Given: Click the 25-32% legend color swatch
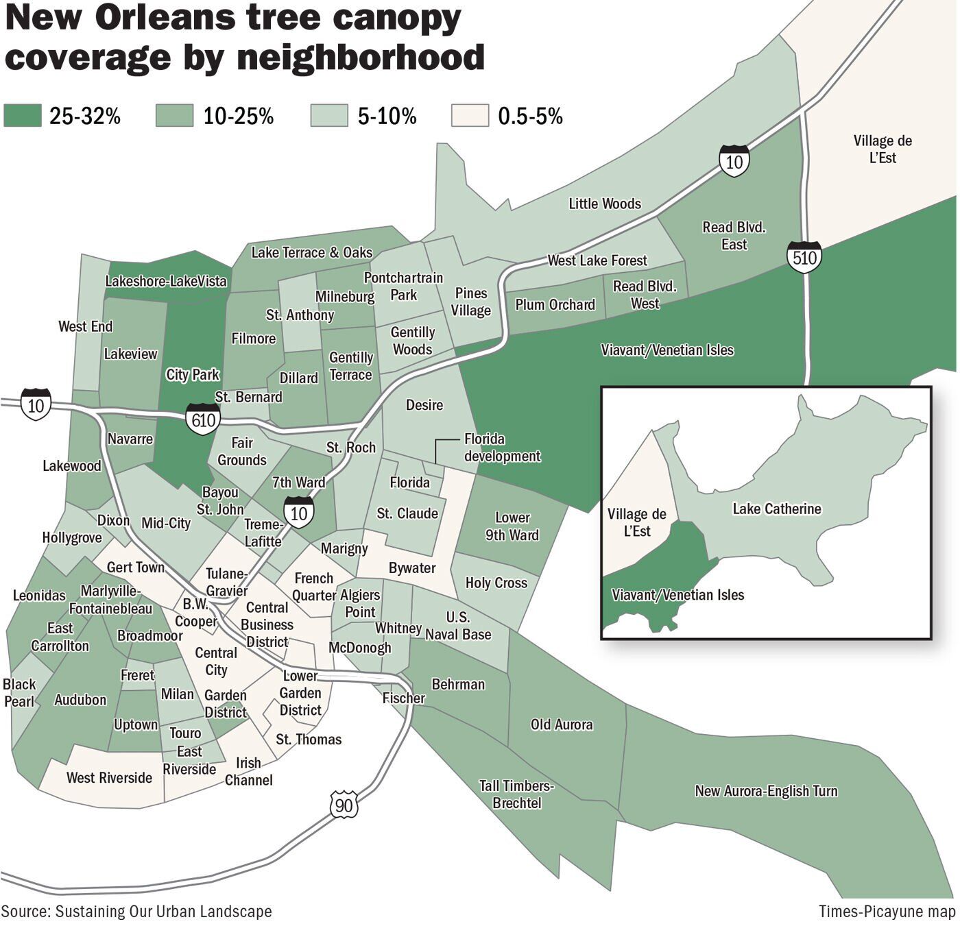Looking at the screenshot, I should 22,115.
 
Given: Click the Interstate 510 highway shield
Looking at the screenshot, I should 804,257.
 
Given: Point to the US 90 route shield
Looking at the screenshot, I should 344,805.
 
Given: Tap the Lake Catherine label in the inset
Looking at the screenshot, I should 776,509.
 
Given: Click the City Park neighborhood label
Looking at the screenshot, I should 193,374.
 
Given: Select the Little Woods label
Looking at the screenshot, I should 604,204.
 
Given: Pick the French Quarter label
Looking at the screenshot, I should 314,587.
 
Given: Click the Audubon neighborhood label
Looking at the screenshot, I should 80,700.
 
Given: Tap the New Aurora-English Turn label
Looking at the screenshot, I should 766,791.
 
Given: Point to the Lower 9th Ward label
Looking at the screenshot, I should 512,526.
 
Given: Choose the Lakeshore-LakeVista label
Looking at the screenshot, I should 165,281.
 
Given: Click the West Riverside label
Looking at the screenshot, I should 109,777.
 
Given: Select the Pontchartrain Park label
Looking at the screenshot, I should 403,287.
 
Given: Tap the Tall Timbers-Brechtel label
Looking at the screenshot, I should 516,794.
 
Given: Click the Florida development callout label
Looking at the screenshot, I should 502,448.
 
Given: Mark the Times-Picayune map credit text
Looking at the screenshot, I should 887,912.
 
